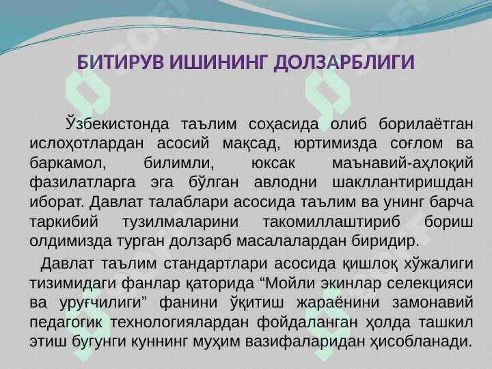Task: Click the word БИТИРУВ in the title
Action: point(120,61)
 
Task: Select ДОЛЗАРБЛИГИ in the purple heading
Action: point(344,62)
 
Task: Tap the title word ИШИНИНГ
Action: point(219,61)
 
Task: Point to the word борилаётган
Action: point(426,124)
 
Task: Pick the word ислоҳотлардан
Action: point(86,143)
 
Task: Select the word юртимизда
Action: point(336,143)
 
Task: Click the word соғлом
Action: point(417,143)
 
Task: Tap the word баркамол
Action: point(68,163)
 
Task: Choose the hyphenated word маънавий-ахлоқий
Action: point(402,163)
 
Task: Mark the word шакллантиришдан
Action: point(402,182)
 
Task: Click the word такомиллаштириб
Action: point(331,221)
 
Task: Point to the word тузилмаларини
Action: point(180,222)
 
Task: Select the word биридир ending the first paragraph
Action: point(385,241)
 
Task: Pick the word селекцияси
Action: point(430,284)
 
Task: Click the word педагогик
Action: point(66,323)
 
